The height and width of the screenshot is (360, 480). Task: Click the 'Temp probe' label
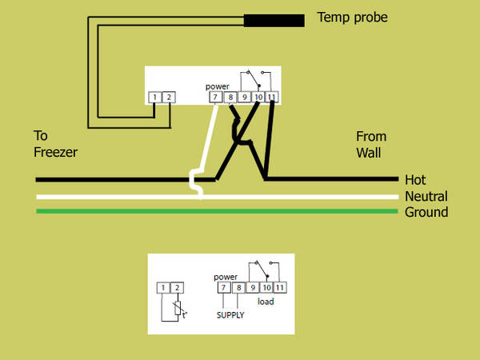352,17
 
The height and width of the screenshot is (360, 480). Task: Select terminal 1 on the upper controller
154,98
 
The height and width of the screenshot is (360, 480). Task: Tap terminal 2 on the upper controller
169,98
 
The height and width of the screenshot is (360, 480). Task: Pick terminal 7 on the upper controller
215,98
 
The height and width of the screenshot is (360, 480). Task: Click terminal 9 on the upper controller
244,98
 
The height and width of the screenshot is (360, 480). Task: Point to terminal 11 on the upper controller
272,98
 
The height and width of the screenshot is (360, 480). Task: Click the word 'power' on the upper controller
218,86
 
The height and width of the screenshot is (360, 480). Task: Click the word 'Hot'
416,180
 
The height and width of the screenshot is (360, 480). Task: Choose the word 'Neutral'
426,197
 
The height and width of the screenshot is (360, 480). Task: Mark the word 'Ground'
426,213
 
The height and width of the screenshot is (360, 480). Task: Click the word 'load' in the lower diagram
266,302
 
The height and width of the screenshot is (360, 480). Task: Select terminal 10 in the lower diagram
267,287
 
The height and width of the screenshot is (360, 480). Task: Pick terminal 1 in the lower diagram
162,287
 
